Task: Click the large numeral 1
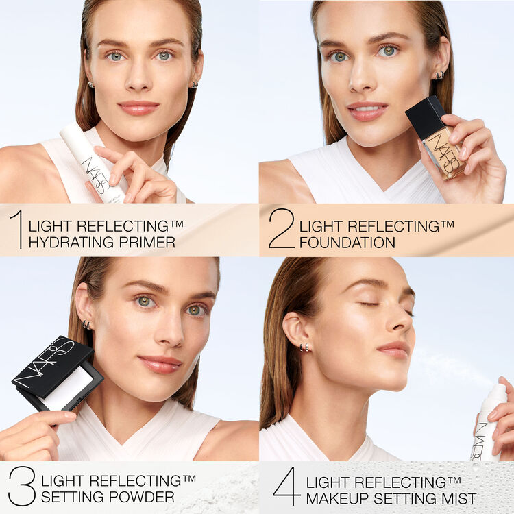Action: (15, 230)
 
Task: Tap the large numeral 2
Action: (281, 230)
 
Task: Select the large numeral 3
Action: (21, 485)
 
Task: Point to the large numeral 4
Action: (286, 485)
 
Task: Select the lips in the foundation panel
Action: (367, 110)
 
